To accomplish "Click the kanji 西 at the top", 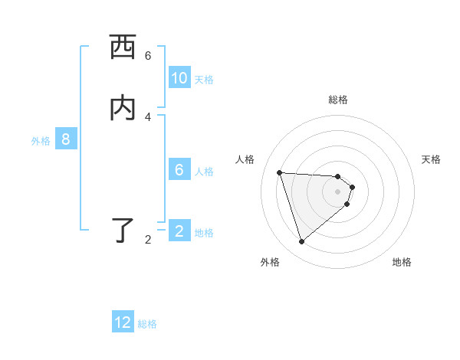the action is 123,48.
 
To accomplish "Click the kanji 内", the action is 123,108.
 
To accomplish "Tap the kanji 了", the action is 123,231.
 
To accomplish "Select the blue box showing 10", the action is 179,78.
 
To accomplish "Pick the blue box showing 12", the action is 123,322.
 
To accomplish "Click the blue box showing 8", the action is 66,139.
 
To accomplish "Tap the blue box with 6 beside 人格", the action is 179,170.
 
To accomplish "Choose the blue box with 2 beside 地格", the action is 179,231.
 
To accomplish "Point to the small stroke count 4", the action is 148,116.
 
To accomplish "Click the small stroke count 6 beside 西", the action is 148,55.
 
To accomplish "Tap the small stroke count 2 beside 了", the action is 148,240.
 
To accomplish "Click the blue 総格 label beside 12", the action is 147,324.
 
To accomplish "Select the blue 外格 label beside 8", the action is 41,141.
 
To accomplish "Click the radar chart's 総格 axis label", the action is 338,100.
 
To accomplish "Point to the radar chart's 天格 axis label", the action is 431,159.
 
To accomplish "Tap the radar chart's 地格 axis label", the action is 402,262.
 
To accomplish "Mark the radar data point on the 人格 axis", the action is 279,172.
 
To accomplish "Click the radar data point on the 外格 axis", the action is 301,242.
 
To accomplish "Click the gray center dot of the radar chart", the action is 338,191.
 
